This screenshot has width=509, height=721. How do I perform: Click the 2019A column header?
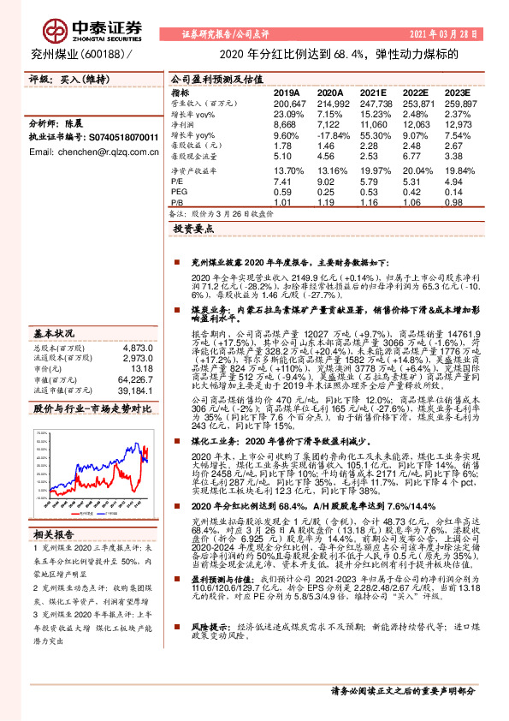[287, 92]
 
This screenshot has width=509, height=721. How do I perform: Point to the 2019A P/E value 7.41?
[284, 182]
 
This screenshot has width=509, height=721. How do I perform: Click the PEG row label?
[180, 193]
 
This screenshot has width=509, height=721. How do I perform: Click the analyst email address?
[93, 152]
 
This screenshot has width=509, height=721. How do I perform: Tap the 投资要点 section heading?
[193, 230]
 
